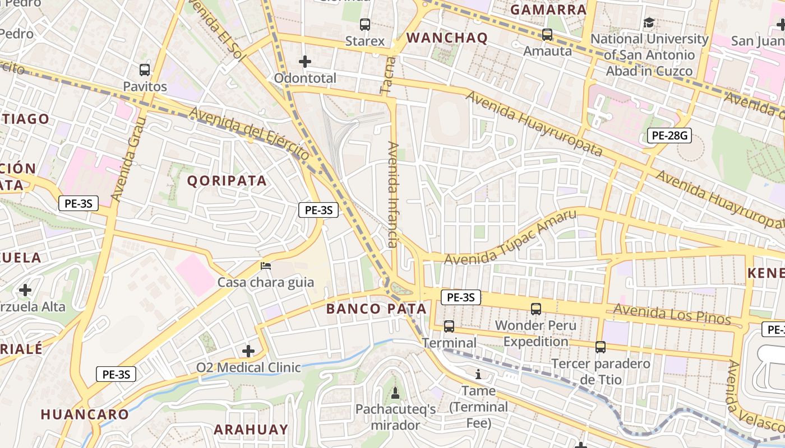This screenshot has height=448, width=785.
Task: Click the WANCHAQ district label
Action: (x=447, y=38)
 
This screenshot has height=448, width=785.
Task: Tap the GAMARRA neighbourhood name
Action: (x=548, y=10)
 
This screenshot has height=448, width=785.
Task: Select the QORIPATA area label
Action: (x=227, y=180)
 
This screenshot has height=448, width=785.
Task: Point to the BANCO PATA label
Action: (x=376, y=309)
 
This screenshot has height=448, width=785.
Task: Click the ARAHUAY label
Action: (x=251, y=430)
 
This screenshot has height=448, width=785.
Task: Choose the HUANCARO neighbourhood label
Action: (x=85, y=414)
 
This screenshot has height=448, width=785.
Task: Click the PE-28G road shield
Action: (x=668, y=135)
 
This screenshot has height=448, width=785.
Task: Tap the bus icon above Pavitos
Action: (x=145, y=70)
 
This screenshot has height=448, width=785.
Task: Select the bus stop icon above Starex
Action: (x=365, y=25)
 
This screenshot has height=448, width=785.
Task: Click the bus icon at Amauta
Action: (x=547, y=35)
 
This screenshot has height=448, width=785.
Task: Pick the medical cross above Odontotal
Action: (x=305, y=61)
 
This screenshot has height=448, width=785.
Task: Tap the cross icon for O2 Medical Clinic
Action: (x=248, y=351)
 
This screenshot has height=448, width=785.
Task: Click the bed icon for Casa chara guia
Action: (x=266, y=265)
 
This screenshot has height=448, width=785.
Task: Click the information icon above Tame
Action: (x=478, y=374)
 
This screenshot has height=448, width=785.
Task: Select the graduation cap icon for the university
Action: (x=649, y=23)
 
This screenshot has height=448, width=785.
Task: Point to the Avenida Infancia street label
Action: (x=393, y=194)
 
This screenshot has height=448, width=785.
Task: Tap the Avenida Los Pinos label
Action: (x=672, y=314)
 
